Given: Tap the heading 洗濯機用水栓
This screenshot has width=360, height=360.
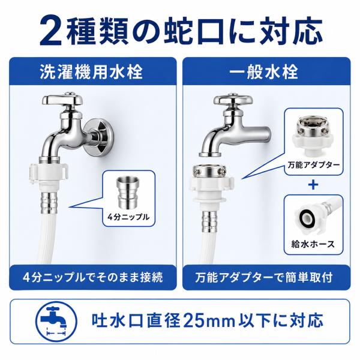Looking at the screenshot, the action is (91, 72).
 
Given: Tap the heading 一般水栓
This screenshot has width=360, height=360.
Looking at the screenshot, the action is (264, 72).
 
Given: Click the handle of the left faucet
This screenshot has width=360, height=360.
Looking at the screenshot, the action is (62, 99).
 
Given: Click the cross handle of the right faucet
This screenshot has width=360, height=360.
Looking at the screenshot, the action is (233, 99).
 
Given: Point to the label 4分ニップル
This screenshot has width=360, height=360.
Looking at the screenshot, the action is (128, 217).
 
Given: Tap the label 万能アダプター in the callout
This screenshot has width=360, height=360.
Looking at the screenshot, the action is (314, 165).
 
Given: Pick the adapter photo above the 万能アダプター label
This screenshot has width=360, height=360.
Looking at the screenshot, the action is (314, 136).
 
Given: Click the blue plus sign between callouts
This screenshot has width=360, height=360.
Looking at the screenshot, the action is (313, 185).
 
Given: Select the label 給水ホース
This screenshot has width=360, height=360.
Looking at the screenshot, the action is (313, 244).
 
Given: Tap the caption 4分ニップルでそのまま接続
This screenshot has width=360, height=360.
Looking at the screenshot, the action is (93, 277).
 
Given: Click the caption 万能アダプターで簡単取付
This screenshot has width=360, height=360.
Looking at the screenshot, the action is (264, 277).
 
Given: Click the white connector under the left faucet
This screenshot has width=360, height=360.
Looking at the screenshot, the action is (50, 175).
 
